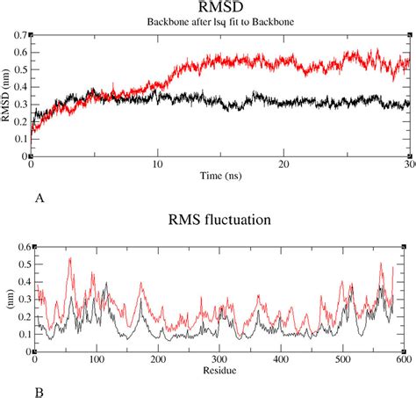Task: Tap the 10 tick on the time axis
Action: click(x=158, y=165)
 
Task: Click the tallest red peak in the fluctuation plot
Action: click(x=69, y=257)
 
